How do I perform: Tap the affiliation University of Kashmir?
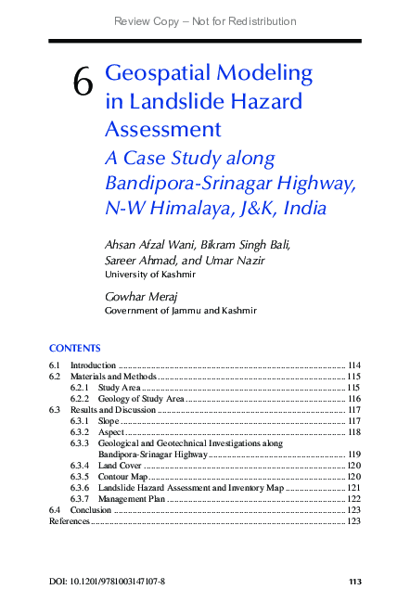pos(149,275)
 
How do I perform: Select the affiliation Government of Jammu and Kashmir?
pos(180,311)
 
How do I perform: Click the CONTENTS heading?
pos(74,348)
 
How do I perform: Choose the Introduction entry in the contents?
pos(93,366)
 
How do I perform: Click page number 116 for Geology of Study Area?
pos(352,398)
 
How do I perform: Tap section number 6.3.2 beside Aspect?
pos(81,432)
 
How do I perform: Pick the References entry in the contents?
pos(69,521)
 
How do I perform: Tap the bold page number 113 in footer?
pos(353,583)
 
